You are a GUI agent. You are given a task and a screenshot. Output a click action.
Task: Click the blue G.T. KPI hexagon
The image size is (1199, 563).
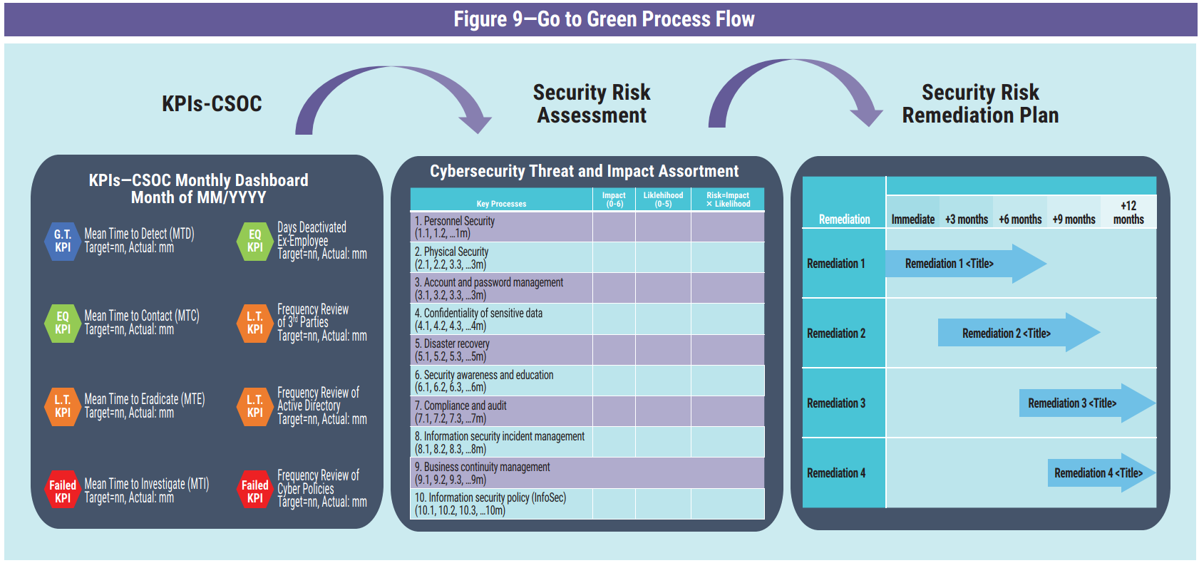click(x=63, y=242)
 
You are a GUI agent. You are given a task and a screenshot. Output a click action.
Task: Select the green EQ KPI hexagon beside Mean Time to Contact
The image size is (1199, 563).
click(x=63, y=324)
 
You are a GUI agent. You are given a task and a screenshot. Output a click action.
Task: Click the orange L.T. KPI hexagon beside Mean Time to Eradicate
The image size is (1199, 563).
click(x=63, y=406)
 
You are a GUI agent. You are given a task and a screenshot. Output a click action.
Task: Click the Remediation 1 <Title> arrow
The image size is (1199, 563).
click(x=966, y=263)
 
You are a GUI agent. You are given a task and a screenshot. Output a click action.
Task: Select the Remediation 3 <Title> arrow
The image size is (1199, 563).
click(x=1087, y=403)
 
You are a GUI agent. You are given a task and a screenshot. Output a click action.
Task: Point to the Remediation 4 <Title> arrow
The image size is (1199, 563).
click(x=1101, y=473)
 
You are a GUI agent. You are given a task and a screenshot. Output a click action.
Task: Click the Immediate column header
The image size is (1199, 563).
click(x=912, y=219)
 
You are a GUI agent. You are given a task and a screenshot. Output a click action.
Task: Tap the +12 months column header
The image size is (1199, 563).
click(x=1128, y=212)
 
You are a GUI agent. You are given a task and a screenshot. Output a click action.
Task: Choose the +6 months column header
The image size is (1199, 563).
click(x=1020, y=219)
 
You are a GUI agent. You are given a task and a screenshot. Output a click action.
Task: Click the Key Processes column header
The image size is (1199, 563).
click(x=502, y=204)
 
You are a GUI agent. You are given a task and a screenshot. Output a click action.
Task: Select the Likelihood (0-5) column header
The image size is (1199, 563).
click(x=663, y=200)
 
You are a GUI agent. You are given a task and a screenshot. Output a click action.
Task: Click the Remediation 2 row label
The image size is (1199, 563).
click(x=836, y=334)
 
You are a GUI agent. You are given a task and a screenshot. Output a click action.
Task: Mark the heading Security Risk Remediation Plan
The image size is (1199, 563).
click(x=980, y=104)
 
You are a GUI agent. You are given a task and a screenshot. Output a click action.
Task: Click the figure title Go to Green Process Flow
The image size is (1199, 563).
click(x=604, y=19)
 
